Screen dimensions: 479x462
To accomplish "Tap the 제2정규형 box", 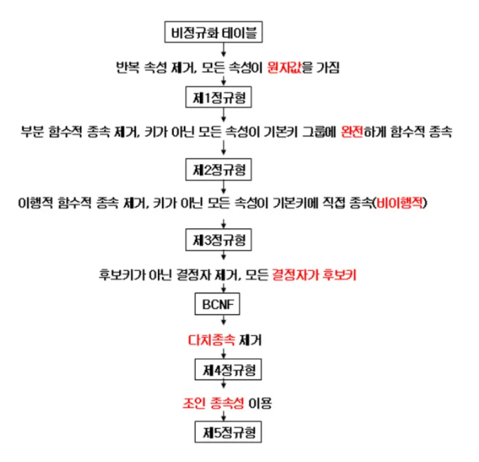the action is [223, 168].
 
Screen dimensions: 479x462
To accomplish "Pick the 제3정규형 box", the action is [223, 240].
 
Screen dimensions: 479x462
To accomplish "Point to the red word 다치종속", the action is [208, 339].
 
